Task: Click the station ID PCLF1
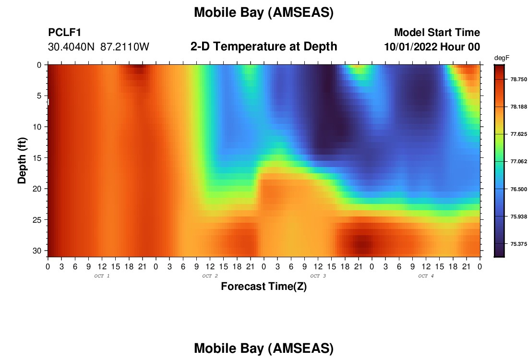(x=65, y=32)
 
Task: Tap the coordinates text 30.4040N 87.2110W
(x=98, y=47)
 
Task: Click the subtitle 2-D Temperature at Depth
(x=264, y=47)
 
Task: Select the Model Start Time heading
(x=437, y=32)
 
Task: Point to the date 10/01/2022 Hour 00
(x=432, y=47)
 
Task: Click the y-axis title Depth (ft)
(x=22, y=161)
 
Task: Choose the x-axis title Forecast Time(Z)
(x=264, y=286)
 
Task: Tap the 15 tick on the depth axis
(x=39, y=158)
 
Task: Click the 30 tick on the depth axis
(x=39, y=251)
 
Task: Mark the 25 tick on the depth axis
(x=39, y=220)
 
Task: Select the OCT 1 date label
(x=102, y=276)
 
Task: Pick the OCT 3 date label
(x=318, y=276)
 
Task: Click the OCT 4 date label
(x=426, y=276)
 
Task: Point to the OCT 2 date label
(x=210, y=276)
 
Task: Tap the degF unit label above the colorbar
(x=502, y=58)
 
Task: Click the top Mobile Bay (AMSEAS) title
(x=264, y=12)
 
